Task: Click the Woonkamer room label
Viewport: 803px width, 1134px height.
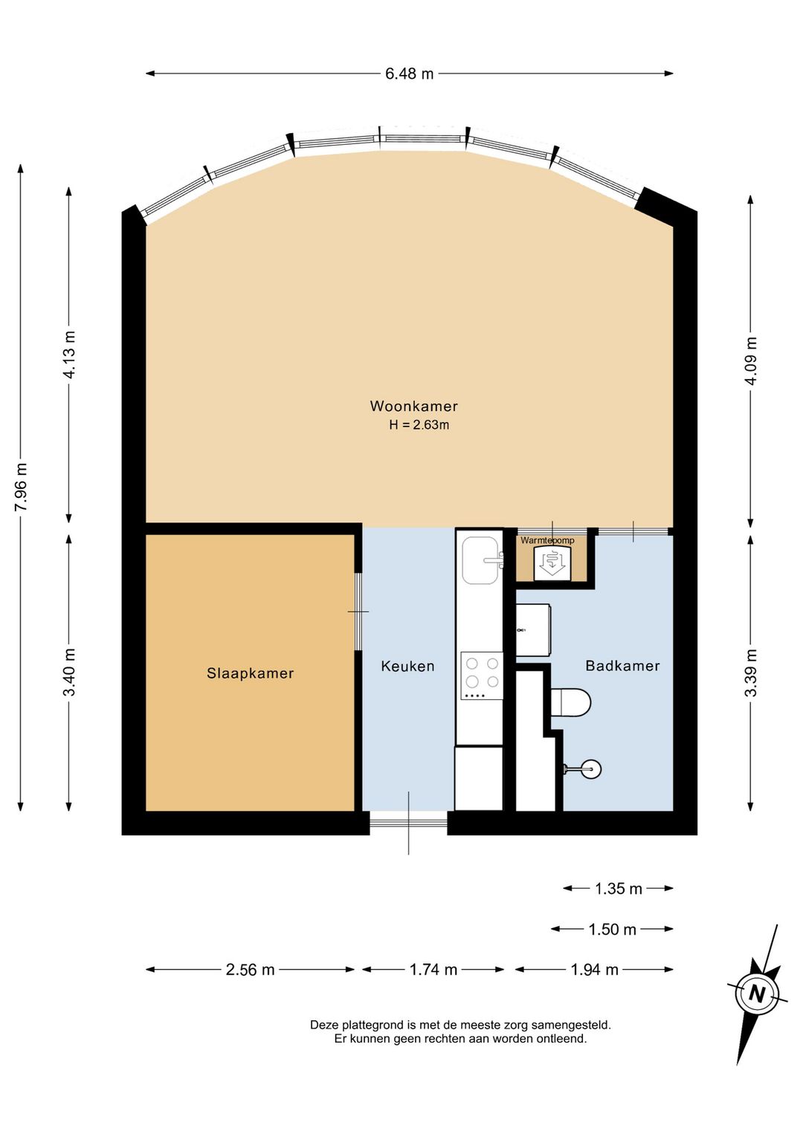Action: [413, 406]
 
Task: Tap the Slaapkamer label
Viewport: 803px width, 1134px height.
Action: [250, 673]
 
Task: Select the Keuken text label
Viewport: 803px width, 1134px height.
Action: [407, 667]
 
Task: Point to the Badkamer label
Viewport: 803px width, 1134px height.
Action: [622, 666]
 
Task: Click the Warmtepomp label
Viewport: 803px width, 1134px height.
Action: [547, 540]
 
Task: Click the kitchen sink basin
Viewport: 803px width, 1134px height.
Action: [480, 560]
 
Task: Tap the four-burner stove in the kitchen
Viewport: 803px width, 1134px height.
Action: [482, 675]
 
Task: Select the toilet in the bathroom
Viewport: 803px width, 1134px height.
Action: [570, 702]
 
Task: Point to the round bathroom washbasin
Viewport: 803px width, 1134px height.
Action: [590, 768]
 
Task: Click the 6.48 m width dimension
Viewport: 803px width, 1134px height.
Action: [409, 74]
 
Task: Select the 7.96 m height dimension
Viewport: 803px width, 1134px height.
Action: [22, 487]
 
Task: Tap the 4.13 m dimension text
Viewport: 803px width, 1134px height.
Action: [69, 355]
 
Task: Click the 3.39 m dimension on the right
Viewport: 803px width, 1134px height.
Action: [751, 673]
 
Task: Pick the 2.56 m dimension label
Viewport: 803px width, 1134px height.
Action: [250, 970]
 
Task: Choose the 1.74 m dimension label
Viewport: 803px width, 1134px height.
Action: [433, 970]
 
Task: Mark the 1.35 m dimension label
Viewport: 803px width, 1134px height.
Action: [618, 889]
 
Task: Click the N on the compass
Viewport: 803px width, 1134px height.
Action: [757, 994]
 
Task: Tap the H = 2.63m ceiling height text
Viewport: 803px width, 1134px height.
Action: [419, 425]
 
